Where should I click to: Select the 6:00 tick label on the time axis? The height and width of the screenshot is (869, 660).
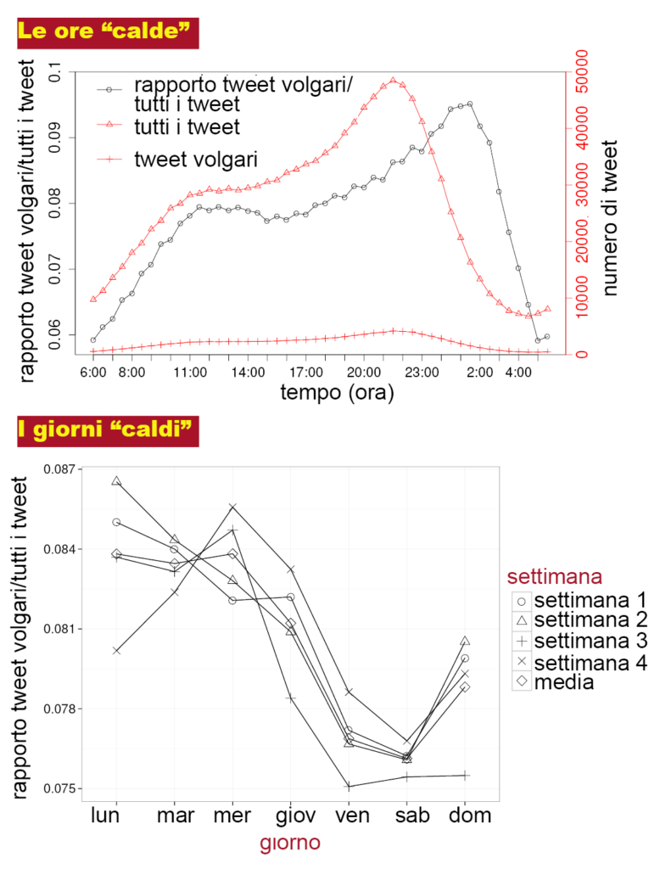[x=93, y=372]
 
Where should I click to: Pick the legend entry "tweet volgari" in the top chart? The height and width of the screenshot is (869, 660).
[x=195, y=159]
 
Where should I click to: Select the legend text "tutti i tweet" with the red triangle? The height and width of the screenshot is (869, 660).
[x=187, y=127]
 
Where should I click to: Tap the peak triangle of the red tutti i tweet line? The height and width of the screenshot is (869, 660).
[x=393, y=81]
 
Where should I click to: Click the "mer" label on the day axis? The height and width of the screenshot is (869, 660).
[x=232, y=816]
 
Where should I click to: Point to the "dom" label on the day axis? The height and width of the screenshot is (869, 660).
[x=465, y=816]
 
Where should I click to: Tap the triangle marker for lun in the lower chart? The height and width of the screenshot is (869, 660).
[x=116, y=481]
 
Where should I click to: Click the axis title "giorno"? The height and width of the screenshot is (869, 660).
[x=290, y=844]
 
